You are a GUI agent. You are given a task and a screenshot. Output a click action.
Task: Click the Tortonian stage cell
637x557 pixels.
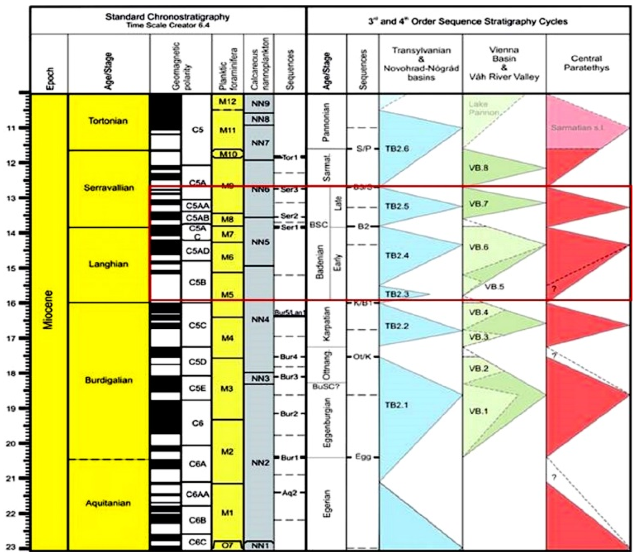tap(108, 121)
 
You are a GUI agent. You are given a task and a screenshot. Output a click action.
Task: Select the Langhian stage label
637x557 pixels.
tap(108, 265)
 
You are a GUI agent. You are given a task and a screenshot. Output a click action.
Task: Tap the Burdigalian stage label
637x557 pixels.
tap(109, 380)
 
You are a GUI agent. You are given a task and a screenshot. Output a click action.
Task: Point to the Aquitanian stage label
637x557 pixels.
tap(108, 503)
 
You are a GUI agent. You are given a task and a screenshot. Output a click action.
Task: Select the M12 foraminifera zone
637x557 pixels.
tap(228, 102)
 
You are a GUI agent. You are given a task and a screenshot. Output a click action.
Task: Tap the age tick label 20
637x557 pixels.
tap(11, 443)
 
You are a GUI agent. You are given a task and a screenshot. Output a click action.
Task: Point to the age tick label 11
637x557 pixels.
tap(11, 128)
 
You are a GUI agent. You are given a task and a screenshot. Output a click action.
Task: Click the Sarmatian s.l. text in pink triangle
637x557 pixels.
tap(578, 128)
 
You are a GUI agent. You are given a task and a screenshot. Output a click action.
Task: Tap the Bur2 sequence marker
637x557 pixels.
tap(289, 414)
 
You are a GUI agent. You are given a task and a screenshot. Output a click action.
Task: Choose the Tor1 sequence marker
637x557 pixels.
tap(290, 158)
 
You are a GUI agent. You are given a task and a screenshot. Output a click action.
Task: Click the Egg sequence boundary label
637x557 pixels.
tap(363, 457)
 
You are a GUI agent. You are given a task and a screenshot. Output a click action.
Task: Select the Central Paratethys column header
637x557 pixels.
tap(586, 63)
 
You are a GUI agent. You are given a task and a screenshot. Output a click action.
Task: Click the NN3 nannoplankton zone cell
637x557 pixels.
tap(259, 379)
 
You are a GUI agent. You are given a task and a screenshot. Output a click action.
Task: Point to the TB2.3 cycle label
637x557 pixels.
tap(397, 294)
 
